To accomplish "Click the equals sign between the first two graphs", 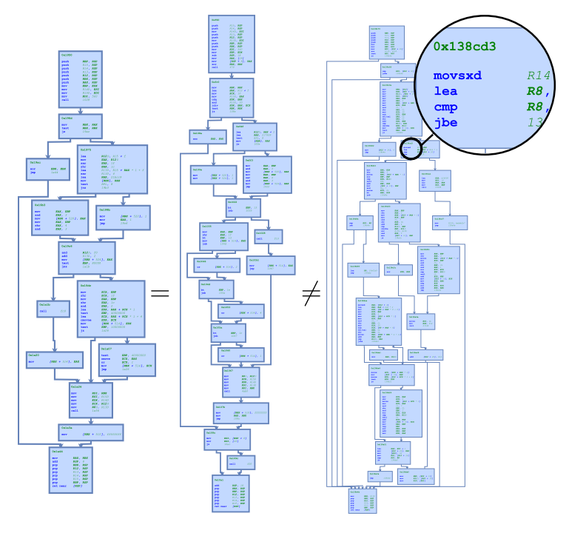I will point(160,293).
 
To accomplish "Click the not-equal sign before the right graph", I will point(311,294).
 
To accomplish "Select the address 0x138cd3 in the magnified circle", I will point(464,46).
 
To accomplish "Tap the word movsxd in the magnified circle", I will point(457,76).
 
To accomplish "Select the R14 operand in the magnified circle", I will point(539,76).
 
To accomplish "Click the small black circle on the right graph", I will point(411,149).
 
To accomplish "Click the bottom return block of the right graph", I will point(363,500).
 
